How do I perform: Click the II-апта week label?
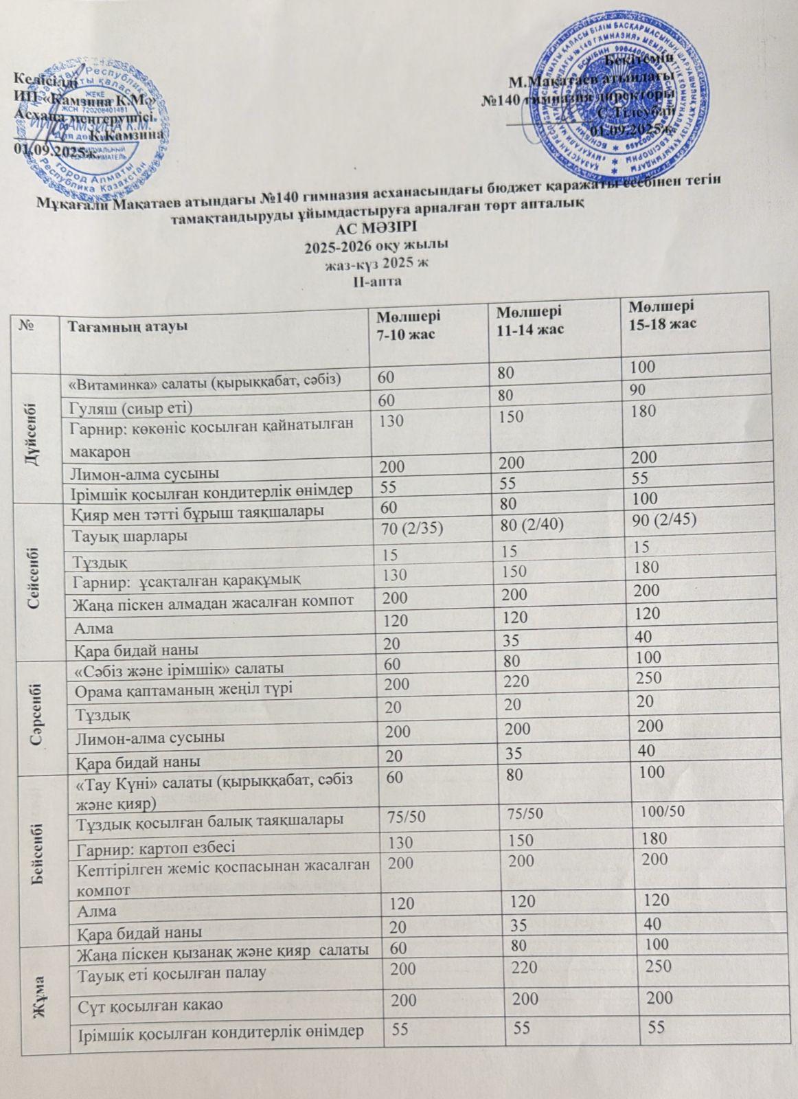(x=376, y=281)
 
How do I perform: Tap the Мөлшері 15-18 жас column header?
(x=663, y=313)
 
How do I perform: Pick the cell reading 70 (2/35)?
(x=419, y=528)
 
